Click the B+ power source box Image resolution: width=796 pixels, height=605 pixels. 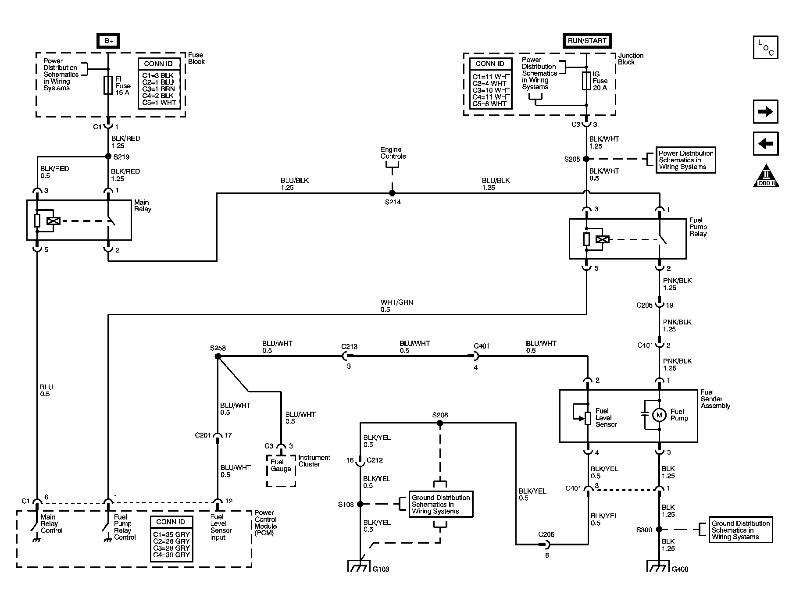click(x=108, y=41)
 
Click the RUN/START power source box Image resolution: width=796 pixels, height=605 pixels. click(x=586, y=41)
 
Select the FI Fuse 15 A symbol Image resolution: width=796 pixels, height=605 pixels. click(x=108, y=85)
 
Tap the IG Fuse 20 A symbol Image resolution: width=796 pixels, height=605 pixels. click(x=586, y=81)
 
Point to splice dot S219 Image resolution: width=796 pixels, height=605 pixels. click(x=108, y=157)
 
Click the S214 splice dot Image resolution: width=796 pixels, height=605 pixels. click(x=392, y=193)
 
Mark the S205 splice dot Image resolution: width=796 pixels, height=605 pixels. click(x=586, y=159)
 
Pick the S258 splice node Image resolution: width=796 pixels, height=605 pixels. click(x=218, y=357)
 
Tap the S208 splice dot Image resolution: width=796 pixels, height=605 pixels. click(x=440, y=423)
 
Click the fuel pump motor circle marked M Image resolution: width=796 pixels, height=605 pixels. click(x=659, y=415)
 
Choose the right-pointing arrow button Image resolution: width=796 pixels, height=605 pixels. click(x=765, y=112)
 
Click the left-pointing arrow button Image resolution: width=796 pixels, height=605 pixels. click(x=765, y=144)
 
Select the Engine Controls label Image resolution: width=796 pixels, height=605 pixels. click(x=393, y=153)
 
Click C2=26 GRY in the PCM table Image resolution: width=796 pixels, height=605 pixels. click(x=171, y=541)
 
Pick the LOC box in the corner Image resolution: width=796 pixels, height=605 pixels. click(x=765, y=48)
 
